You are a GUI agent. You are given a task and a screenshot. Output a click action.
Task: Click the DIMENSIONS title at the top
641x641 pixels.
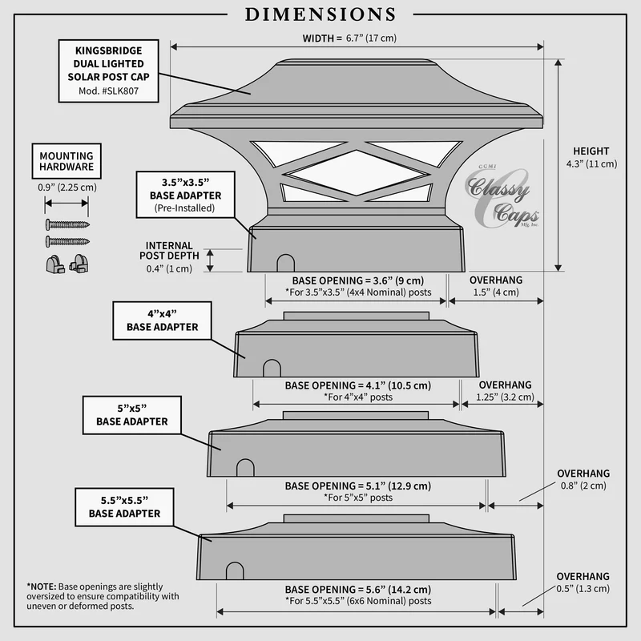[x=320, y=14]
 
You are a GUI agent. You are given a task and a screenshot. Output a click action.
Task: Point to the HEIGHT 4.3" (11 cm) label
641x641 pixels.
[x=591, y=157]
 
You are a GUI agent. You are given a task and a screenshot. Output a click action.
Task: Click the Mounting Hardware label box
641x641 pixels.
[x=67, y=161]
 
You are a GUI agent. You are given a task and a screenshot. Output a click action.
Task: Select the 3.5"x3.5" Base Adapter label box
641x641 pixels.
[x=185, y=194]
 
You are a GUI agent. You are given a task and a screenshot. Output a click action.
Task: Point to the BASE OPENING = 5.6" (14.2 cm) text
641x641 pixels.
[x=358, y=589]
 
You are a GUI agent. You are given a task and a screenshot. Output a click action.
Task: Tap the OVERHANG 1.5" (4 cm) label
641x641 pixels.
[x=495, y=286]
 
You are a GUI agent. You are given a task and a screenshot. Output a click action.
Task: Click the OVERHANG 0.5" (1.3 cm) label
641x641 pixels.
[x=583, y=583]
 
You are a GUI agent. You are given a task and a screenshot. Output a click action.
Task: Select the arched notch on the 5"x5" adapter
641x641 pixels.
[x=244, y=467]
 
